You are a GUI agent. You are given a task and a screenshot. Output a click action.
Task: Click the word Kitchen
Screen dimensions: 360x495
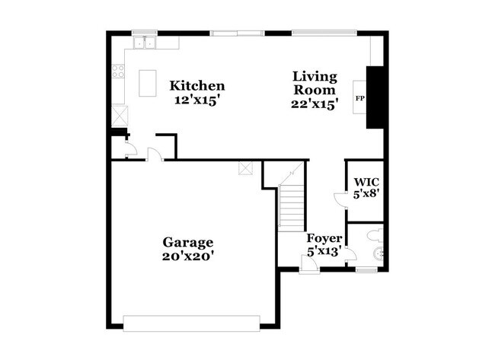[196, 85]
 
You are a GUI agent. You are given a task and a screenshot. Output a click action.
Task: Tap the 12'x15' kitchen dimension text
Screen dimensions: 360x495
[196, 99]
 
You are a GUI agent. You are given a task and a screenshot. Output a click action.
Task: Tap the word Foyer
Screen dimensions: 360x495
[324, 237]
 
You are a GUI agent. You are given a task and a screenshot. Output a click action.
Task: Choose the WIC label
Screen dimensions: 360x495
[366, 183]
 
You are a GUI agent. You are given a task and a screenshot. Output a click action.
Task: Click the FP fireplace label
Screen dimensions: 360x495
[359, 98]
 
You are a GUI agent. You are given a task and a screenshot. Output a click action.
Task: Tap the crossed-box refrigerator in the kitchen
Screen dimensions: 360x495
[120, 116]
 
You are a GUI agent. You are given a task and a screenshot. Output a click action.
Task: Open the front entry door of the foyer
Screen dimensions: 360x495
[310, 264]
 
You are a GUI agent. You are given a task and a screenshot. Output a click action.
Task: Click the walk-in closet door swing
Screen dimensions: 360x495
[340, 199]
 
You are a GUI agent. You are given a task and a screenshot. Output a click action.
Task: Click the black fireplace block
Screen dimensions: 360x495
[374, 97]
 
